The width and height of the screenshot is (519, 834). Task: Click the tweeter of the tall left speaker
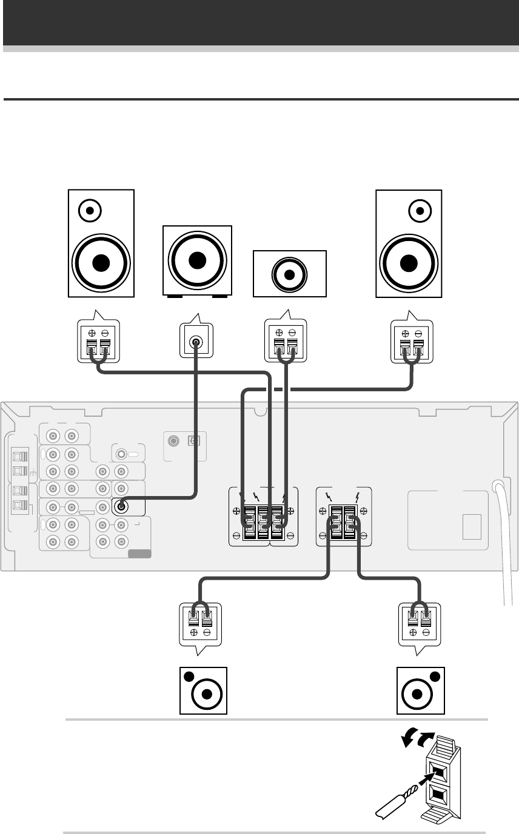[90, 211]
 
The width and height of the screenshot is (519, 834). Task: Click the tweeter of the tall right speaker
[420, 211]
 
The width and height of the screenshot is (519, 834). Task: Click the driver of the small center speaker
[289, 274]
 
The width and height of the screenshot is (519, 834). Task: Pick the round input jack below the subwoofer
[196, 343]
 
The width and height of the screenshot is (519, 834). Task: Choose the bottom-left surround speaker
[204, 690]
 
